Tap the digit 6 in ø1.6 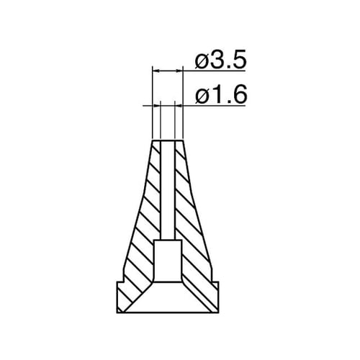(x=238, y=95)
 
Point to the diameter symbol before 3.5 (x=201, y=62)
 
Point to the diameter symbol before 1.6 (x=201, y=96)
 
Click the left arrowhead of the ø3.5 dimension (x=156, y=71)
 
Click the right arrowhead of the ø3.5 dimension (x=180, y=71)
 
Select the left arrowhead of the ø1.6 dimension (x=158, y=105)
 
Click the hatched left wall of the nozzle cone (x=144, y=216)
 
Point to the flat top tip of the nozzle (x=168, y=140)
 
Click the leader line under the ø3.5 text (x=216, y=71)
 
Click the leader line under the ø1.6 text (x=216, y=105)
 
